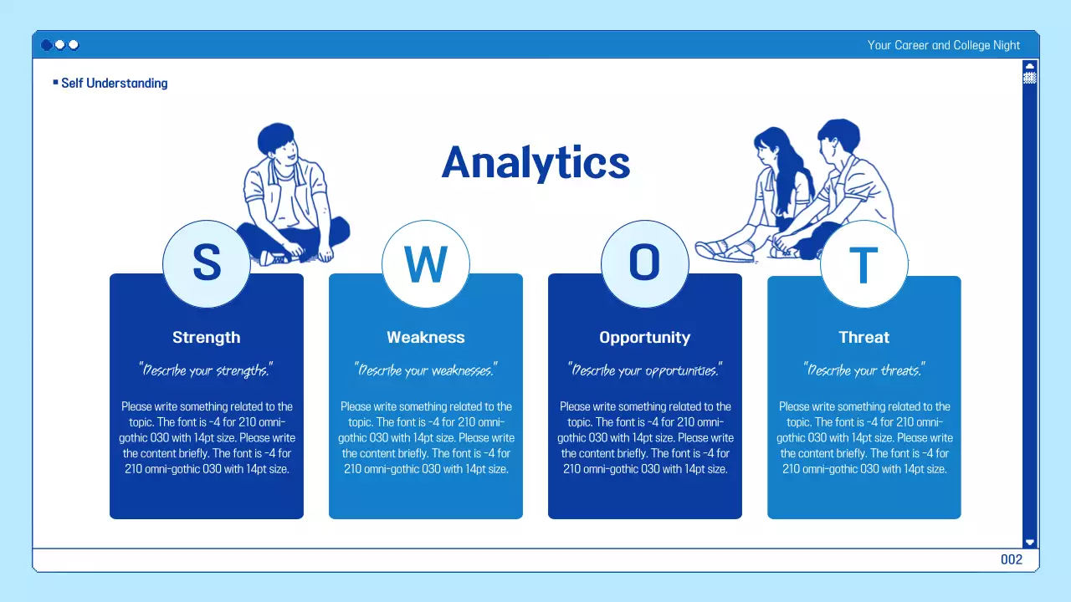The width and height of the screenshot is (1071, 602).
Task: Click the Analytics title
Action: [x=535, y=162]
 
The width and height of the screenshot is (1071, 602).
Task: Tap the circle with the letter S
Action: [x=207, y=264]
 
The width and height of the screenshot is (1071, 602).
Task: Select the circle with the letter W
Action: [x=426, y=264]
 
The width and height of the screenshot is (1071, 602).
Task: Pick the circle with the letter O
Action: [x=645, y=264]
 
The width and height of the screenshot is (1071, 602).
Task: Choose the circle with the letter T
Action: [x=863, y=264]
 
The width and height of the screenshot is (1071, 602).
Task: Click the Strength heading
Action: [x=207, y=338]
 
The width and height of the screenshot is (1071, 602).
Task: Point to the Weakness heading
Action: [x=426, y=338]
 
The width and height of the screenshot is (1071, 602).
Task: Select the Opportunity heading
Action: [x=645, y=338]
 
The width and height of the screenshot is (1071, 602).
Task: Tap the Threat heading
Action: [x=863, y=338]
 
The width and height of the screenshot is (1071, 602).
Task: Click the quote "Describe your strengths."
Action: [x=207, y=370]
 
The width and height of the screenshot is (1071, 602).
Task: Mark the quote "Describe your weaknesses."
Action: [x=426, y=370]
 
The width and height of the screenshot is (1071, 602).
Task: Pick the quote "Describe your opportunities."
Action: [x=645, y=370]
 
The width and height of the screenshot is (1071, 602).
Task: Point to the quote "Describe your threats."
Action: [x=863, y=370]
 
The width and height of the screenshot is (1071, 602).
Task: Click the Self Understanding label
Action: [x=114, y=84]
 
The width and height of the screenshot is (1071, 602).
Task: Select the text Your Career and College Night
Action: [x=944, y=45]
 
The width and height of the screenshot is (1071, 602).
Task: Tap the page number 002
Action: [x=1012, y=560]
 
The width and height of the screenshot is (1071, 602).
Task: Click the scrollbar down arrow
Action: [x=1030, y=542]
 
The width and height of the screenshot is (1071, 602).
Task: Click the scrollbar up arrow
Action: [x=1030, y=66]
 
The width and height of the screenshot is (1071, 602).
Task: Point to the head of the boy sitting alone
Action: [x=276, y=145]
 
